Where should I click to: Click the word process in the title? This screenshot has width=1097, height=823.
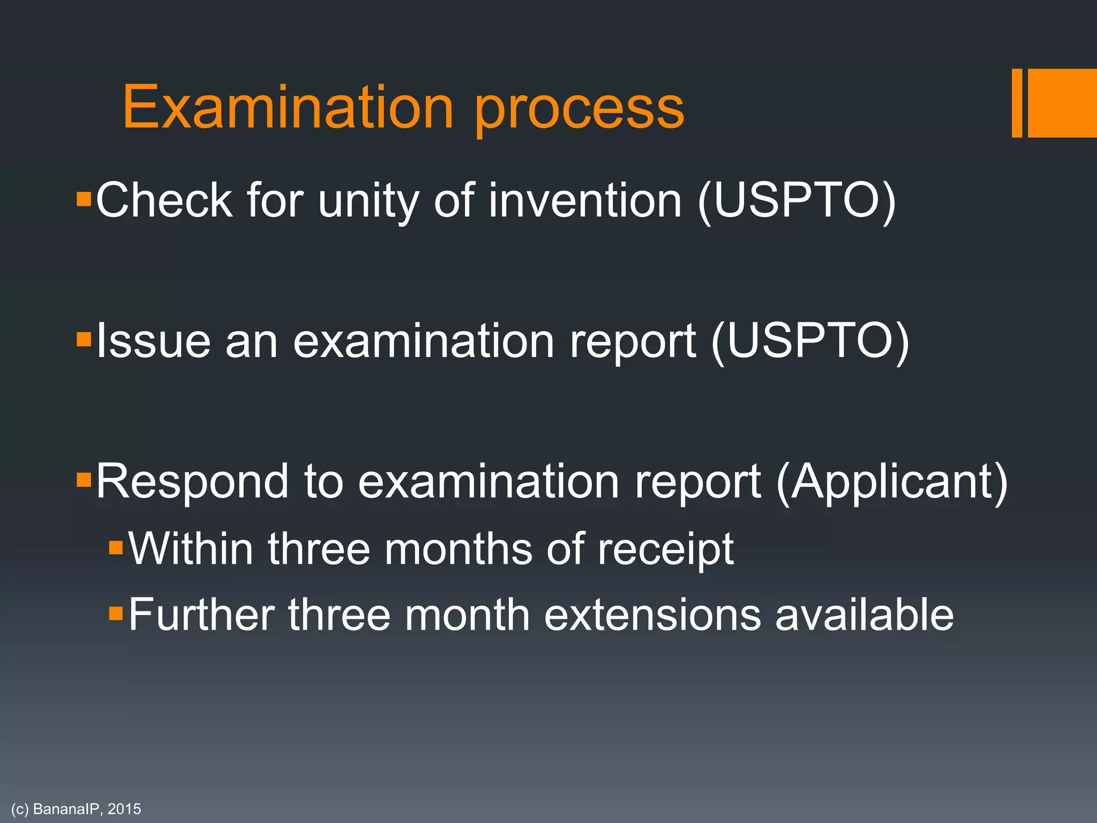tap(580, 113)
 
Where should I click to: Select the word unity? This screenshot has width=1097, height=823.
tap(369, 203)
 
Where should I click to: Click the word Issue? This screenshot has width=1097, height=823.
tap(153, 341)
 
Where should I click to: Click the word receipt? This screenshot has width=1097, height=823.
tap(666, 551)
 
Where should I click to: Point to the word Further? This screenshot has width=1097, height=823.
tap(201, 615)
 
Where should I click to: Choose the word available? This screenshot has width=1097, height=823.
tap(864, 615)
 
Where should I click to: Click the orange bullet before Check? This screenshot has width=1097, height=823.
tap(84, 200)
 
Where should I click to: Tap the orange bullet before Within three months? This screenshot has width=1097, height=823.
tap(116, 548)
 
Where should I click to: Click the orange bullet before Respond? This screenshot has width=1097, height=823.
tap(84, 478)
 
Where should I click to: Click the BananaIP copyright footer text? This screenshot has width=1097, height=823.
tap(76, 809)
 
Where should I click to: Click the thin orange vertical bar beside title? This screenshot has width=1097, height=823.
tap(1017, 103)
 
